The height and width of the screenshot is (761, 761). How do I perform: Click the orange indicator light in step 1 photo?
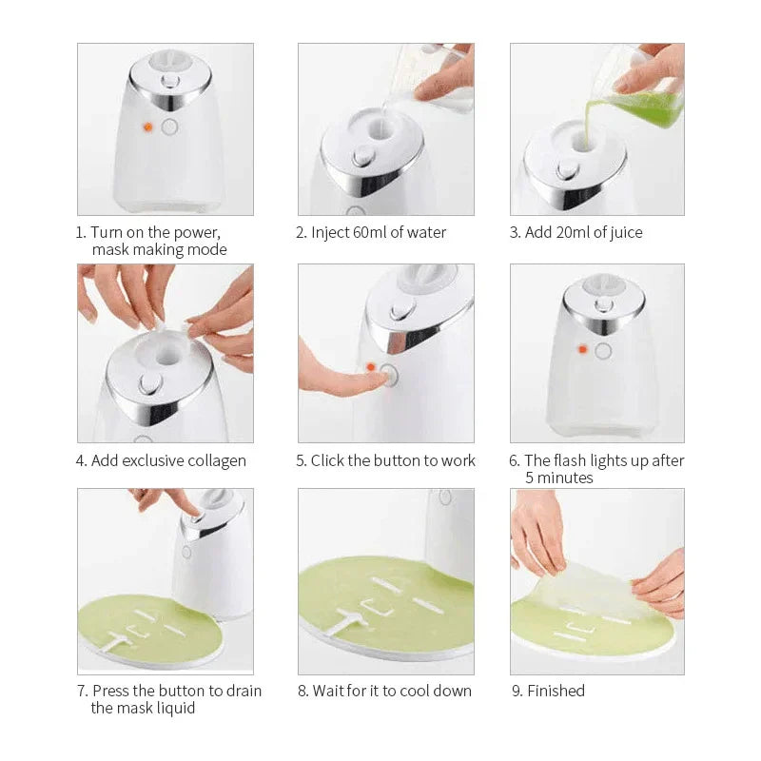(x=147, y=127)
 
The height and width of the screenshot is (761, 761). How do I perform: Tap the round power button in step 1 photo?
(x=169, y=127)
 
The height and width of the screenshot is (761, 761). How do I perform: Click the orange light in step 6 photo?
(x=581, y=350)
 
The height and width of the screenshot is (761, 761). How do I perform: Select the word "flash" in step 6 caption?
(x=572, y=460)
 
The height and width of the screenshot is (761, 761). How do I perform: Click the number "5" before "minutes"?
(x=530, y=478)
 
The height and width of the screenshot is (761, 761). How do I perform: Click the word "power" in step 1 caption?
(x=197, y=232)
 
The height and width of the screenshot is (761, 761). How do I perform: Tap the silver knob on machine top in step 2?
(x=365, y=157)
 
